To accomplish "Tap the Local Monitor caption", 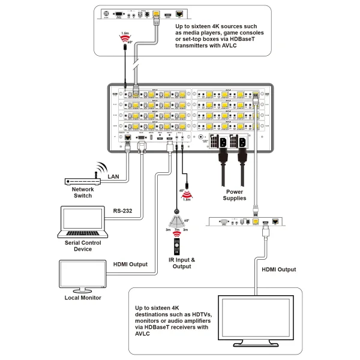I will pyautogui.click(x=82, y=298).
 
